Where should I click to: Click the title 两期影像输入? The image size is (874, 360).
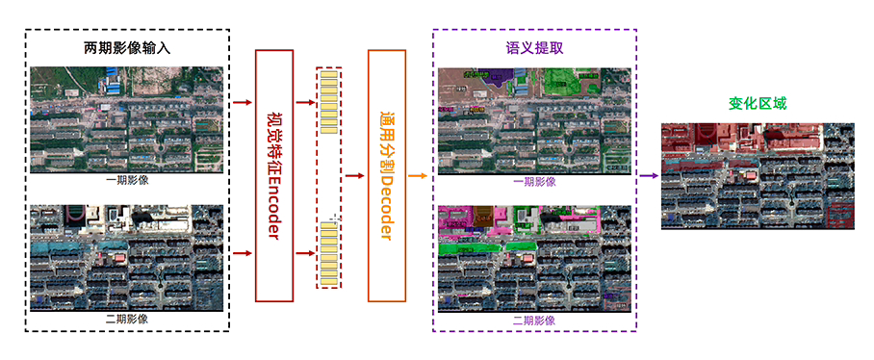[126, 47]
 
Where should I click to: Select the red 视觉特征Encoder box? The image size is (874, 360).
[272, 174]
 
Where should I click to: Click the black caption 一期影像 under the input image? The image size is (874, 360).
[126, 180]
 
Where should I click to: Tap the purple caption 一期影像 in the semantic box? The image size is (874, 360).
[534, 182]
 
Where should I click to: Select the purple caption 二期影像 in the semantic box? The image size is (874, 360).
[534, 320]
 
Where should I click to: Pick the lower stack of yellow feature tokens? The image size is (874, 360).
[328, 252]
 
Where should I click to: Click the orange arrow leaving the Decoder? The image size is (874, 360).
[418, 175]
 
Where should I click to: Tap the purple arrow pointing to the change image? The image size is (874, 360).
[648, 175]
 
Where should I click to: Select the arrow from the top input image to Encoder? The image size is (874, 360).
[242, 101]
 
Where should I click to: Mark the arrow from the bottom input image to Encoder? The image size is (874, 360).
[242, 253]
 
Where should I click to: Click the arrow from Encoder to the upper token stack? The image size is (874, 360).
[303, 101]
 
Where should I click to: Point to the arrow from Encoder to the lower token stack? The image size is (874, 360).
[303, 253]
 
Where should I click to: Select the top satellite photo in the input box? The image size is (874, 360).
[126, 119]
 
